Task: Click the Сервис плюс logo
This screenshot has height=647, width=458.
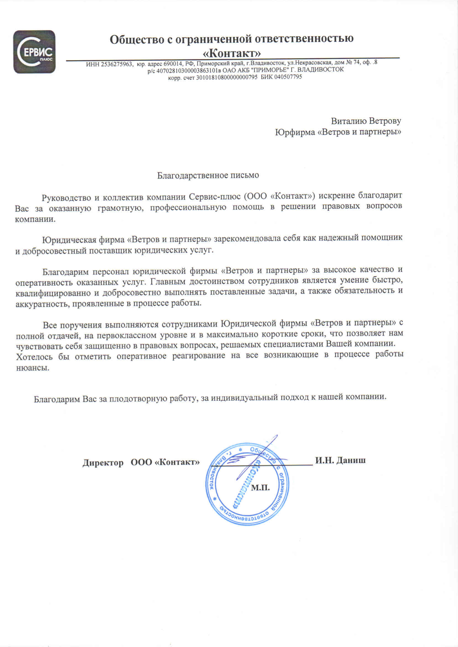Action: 34,52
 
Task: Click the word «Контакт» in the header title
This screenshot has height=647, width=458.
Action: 232,53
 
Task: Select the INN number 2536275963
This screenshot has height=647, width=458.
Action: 116,64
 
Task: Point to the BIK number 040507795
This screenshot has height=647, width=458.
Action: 288,77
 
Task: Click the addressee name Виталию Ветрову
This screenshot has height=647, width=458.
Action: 366,121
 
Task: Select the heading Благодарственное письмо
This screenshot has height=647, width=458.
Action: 208,175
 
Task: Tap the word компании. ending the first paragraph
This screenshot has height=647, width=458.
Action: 35,219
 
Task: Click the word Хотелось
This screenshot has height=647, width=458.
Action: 34,357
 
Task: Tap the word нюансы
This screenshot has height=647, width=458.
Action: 33,368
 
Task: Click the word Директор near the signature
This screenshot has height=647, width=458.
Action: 103,462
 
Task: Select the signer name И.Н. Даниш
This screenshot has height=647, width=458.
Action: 340,460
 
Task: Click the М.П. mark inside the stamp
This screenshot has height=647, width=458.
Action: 260,488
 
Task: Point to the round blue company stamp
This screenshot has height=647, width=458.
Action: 247,484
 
